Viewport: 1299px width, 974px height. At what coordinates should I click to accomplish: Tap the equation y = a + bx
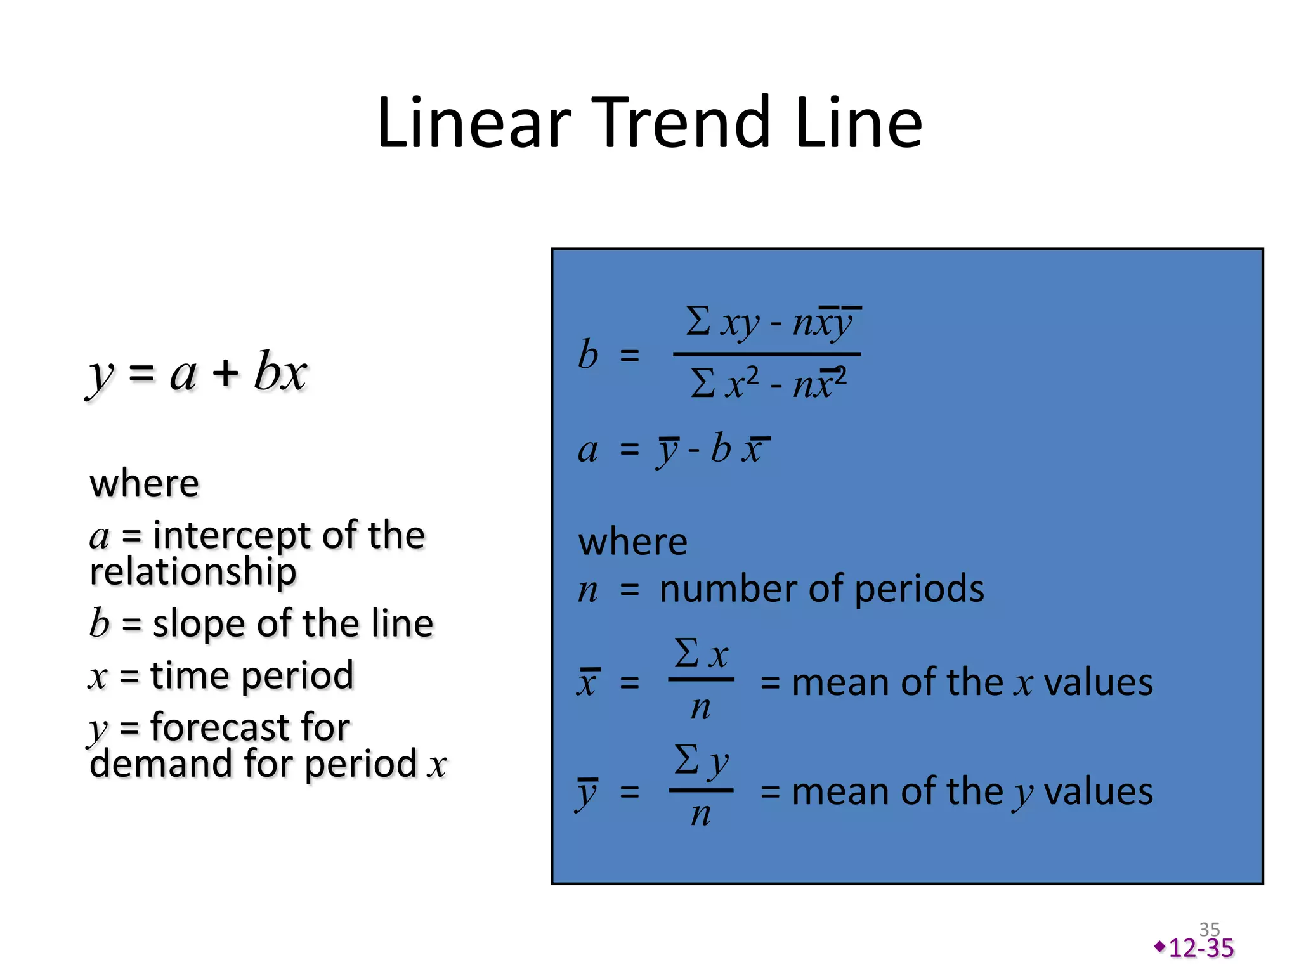(197, 373)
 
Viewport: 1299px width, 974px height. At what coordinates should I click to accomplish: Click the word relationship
(193, 571)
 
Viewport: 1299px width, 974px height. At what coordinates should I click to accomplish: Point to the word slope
(200, 624)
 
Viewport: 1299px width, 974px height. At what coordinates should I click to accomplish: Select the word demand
(161, 763)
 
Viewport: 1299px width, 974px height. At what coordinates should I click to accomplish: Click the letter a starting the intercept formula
(588, 450)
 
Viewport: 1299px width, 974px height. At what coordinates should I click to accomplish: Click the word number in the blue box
(729, 588)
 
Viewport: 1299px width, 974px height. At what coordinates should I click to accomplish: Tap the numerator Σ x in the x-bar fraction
(701, 654)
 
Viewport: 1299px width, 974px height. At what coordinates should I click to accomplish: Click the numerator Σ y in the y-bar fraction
(701, 761)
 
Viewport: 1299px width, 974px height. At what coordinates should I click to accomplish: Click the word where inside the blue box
(632, 542)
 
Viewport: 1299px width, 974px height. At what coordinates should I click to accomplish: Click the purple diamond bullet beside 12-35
(1160, 947)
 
